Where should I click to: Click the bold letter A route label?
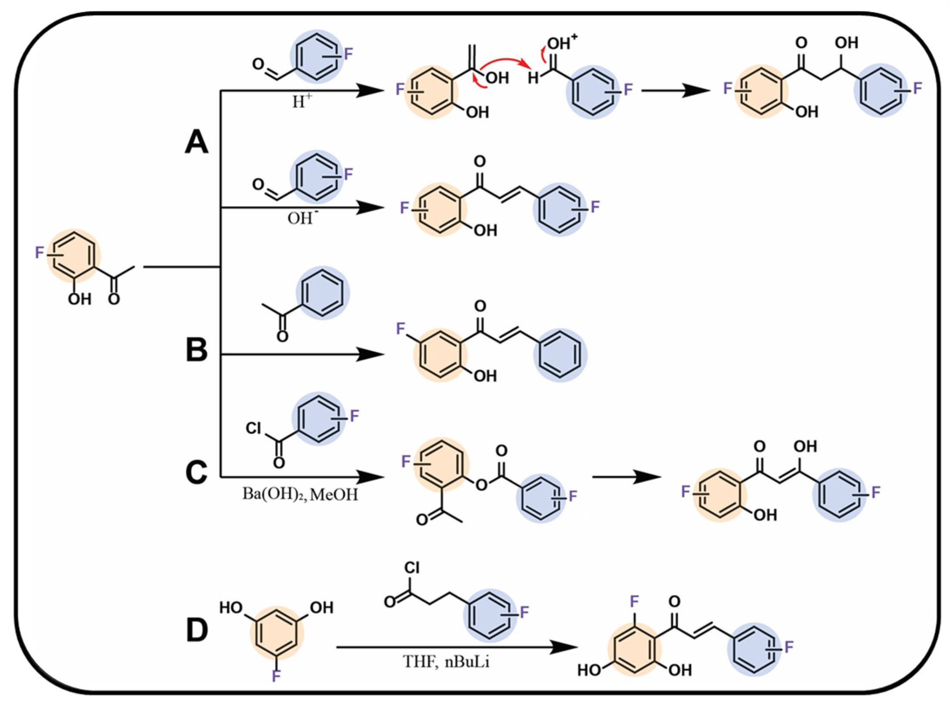click(196, 142)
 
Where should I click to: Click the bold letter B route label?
click(196, 350)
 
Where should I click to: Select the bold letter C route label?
click(196, 473)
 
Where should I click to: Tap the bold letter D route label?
click(197, 631)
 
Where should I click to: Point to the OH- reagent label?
click(300, 217)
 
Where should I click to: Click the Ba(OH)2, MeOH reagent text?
click(300, 495)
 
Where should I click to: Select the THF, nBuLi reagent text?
click(446, 662)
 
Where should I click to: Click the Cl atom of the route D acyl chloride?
click(411, 567)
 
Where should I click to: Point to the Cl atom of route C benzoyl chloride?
click(254, 428)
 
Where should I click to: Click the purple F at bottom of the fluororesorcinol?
click(276, 676)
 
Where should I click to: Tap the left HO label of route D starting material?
click(231, 607)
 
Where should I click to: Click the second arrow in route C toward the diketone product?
click(626, 477)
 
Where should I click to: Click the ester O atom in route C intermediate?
click(481, 484)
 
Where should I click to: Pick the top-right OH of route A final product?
click(846, 43)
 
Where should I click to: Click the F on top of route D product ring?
click(634, 601)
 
